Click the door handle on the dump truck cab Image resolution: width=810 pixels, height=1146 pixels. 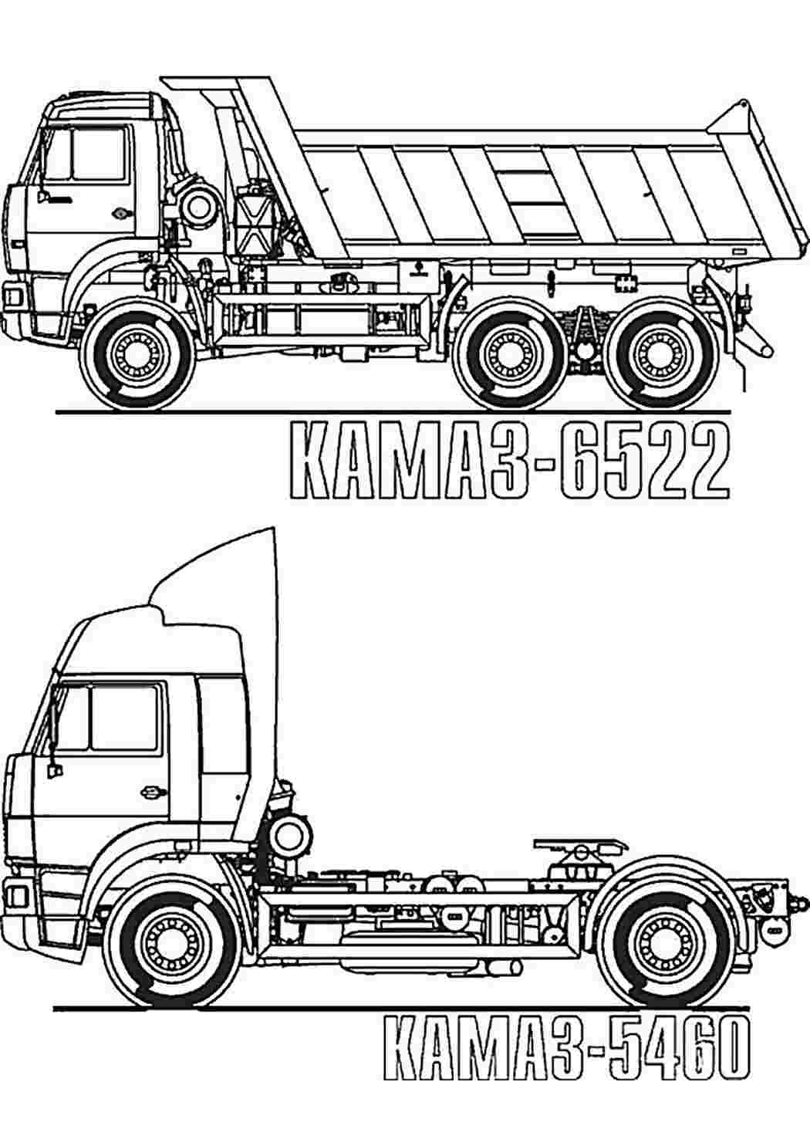[x=122, y=212]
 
